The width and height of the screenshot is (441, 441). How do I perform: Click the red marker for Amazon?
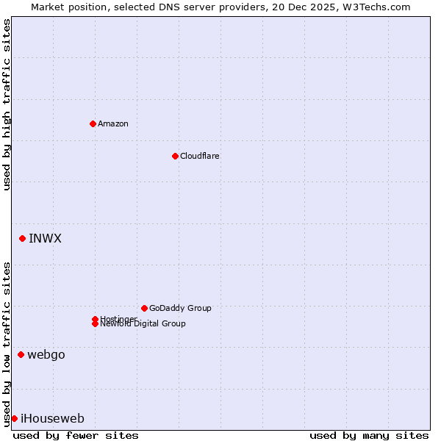click(x=93, y=123)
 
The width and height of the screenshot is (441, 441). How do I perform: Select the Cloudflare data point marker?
click(x=175, y=156)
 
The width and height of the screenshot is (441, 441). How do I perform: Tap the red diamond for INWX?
click(x=23, y=238)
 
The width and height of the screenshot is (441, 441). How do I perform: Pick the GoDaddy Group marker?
click(x=144, y=308)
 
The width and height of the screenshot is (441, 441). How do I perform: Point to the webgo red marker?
click(x=21, y=354)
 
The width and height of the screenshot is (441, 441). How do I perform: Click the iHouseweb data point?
click(x=14, y=418)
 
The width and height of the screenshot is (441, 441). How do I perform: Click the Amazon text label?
click(x=112, y=123)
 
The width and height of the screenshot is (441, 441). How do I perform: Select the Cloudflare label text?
click(x=199, y=156)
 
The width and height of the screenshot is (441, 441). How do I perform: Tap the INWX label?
click(x=45, y=238)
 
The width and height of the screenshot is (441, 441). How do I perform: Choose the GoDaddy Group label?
click(x=180, y=308)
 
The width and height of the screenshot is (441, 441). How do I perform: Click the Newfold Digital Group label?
click(x=143, y=324)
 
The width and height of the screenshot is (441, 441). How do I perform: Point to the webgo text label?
click(x=46, y=354)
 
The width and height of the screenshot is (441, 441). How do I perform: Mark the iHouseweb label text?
click(x=52, y=418)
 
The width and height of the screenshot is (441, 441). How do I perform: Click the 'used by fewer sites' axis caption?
click(x=76, y=435)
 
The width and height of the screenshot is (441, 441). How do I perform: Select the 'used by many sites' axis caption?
click(x=369, y=435)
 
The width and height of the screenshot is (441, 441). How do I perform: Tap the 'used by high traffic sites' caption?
click(x=7, y=104)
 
